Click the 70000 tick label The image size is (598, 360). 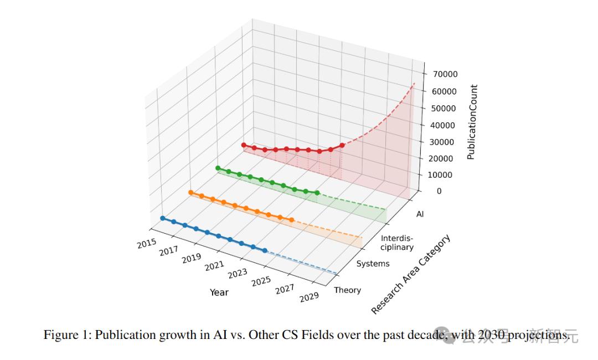click(x=445, y=74)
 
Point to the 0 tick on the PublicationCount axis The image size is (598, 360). click(x=439, y=191)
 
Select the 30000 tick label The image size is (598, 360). click(x=445, y=142)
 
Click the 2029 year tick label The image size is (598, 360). click(x=309, y=297)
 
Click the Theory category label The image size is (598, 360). click(x=347, y=290)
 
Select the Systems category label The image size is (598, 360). click(x=373, y=264)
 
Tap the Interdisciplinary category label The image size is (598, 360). click(x=396, y=243)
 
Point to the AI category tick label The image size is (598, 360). click(x=420, y=214)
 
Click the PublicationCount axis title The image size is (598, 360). click(x=472, y=122)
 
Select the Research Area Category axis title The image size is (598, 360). click(x=410, y=275)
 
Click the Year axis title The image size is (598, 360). click(x=219, y=292)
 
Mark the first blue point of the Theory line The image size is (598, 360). click(x=162, y=218)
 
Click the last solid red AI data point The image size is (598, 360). click(x=342, y=145)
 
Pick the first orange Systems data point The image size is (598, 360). click(x=190, y=192)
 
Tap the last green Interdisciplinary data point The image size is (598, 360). click(x=317, y=193)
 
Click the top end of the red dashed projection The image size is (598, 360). click(x=414, y=83)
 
